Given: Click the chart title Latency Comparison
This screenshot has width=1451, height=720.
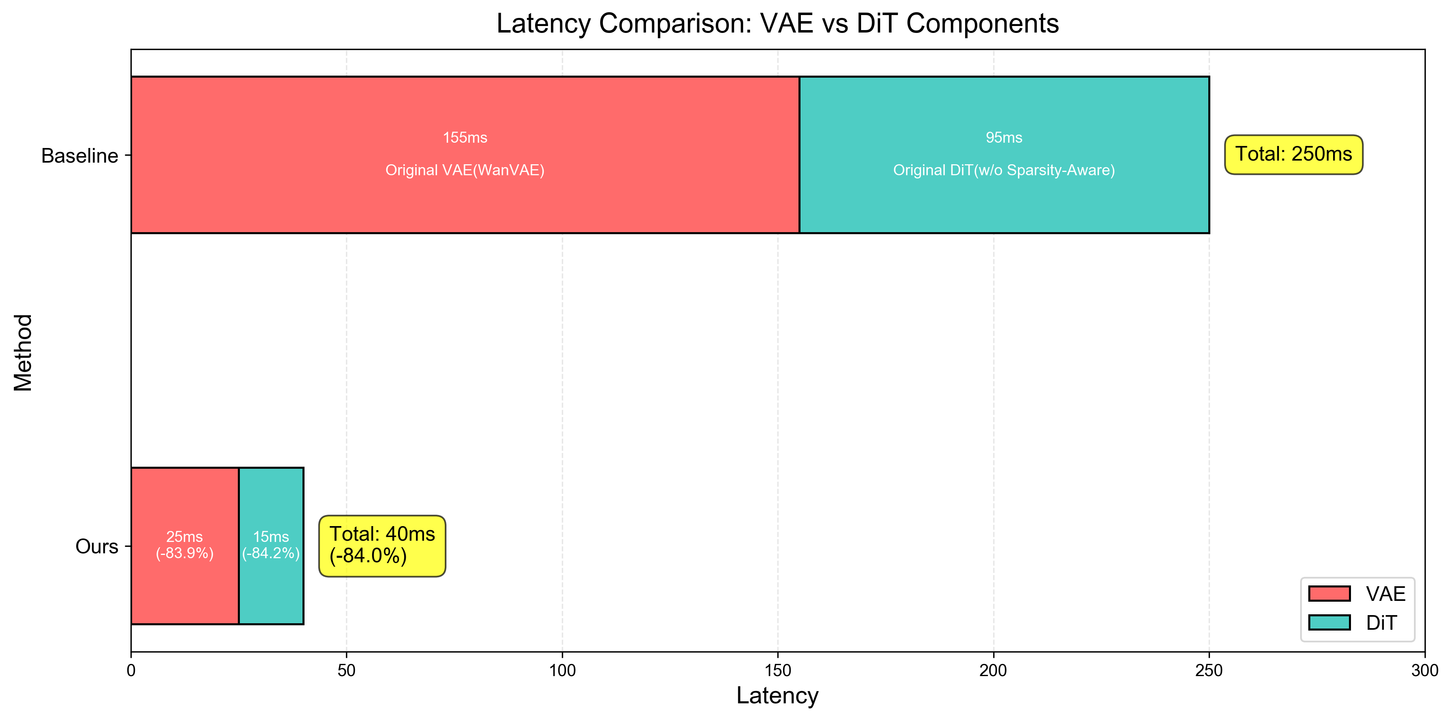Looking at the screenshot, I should click(777, 24).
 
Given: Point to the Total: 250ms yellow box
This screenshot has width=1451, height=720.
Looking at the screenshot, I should click(1293, 154).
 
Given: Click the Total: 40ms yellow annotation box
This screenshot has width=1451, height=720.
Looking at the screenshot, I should click(382, 545).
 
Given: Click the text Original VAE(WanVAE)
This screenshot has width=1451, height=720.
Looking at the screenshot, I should click(465, 170).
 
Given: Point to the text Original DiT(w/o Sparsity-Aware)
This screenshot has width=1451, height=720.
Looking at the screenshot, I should click(1004, 170).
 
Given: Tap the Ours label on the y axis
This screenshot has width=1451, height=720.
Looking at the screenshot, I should click(96, 546).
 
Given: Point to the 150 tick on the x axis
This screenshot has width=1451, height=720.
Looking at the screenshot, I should click(777, 670).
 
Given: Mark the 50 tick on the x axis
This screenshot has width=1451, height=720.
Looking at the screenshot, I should click(346, 670).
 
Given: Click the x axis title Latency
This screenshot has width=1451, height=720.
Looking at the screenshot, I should click(777, 696).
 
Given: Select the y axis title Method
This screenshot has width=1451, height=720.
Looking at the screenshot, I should click(24, 352).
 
